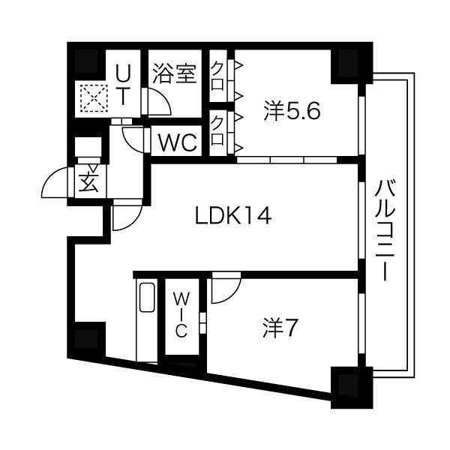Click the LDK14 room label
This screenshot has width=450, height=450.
[x=232, y=217]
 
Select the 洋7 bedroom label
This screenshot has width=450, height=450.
[x=281, y=328]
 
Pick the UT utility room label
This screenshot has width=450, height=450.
[x=124, y=84]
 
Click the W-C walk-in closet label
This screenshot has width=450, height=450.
[x=182, y=316]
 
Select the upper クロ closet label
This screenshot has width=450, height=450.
[x=217, y=74]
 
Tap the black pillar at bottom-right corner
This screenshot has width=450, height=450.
[x=349, y=385]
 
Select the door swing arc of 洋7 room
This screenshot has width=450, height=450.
[x=223, y=289]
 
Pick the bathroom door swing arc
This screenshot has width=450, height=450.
[x=157, y=102]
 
